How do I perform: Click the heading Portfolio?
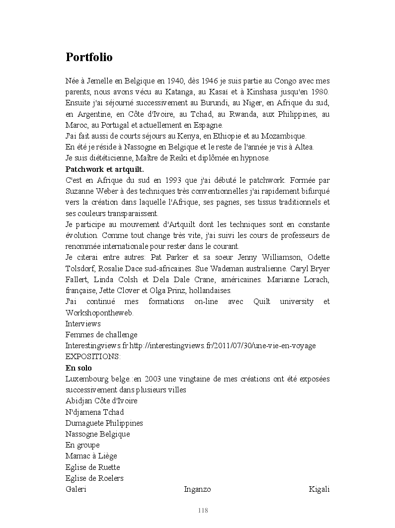89,57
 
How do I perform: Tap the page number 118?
203,511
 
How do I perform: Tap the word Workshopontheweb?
99,313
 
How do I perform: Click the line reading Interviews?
83,324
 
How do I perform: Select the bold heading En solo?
79,368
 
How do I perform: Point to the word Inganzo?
197,489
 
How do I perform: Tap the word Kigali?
319,489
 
